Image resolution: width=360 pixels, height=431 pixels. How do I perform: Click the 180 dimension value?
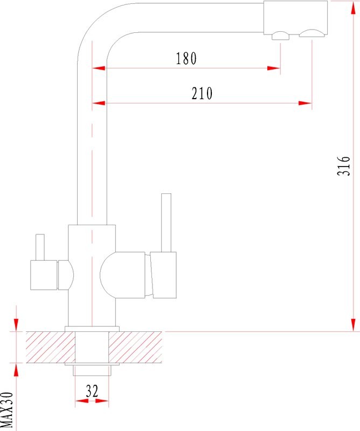coord(186,58)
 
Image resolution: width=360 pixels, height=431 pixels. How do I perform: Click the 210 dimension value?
coord(202,93)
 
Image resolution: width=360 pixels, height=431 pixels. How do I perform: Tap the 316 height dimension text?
coord(344,166)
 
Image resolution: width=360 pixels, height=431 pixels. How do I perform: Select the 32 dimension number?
coord(92,391)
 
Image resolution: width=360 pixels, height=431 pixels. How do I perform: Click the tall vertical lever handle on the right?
coord(166,223)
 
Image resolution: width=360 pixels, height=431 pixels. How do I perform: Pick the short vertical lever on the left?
coord(40,247)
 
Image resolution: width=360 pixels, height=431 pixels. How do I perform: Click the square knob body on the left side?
coord(44,275)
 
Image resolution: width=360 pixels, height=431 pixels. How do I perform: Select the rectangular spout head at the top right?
coord(296,18)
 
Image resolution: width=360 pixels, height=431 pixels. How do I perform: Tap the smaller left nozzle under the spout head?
coord(281,36)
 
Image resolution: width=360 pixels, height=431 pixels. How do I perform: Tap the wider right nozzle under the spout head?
coord(312,33)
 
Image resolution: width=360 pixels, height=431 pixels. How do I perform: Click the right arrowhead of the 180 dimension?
coord(274,68)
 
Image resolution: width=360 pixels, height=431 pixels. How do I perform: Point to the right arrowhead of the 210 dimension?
coord(305,103)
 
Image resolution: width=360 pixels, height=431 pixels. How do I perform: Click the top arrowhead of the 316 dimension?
coord(354,8)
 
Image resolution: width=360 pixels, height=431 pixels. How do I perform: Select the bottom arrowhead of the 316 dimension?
coord(354,325)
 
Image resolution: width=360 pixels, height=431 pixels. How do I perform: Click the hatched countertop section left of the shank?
coord(51,347)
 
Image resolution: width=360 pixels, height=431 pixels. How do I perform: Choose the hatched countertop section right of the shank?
coord(135,347)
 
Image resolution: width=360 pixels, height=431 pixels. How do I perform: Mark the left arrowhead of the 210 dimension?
coord(99,103)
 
